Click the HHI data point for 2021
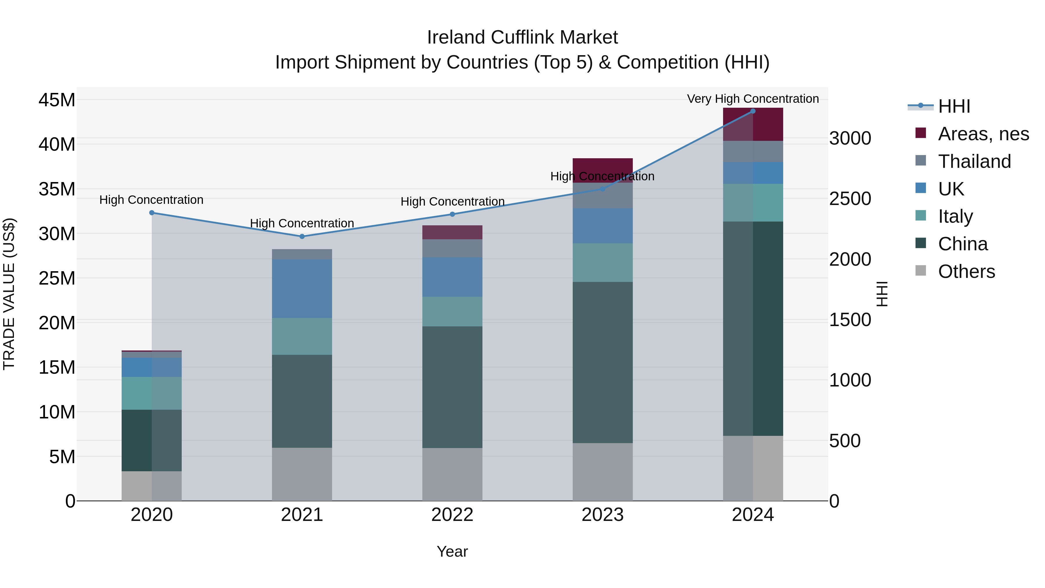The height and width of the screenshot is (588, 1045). point(302,236)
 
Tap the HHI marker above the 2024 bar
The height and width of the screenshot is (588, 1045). point(753,111)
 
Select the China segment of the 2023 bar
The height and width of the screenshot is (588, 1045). point(602,362)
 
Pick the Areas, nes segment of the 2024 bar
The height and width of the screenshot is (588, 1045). point(753,125)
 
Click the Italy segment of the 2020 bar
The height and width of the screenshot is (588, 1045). point(152,393)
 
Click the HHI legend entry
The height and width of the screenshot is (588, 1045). point(954,106)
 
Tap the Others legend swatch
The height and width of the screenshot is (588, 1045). point(921,271)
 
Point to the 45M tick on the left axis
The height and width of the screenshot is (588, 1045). point(57,100)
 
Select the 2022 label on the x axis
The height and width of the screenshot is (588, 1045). point(452,515)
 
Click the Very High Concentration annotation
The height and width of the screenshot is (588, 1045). point(753,99)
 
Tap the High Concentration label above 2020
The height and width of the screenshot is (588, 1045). point(151,200)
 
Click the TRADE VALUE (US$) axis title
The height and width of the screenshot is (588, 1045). point(9,294)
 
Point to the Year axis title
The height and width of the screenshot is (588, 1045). point(452,551)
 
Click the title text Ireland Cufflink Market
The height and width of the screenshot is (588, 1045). point(522,37)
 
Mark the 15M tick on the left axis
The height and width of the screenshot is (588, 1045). point(57,367)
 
